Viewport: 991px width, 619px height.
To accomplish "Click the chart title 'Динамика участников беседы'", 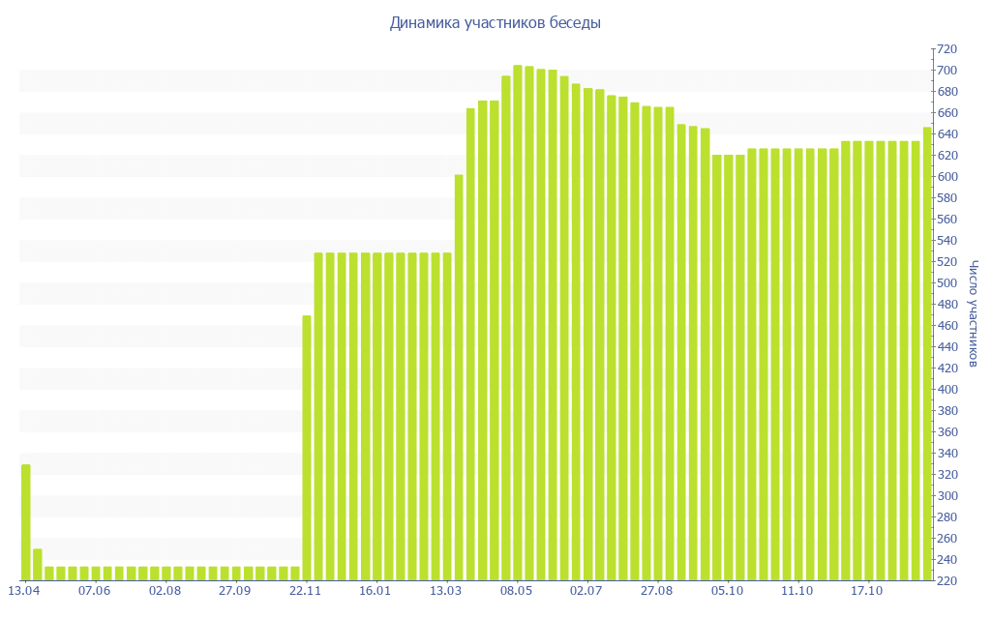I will point(495,22).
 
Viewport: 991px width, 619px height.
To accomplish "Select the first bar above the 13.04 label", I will point(26,522).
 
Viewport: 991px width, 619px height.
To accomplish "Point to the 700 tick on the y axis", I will point(945,71).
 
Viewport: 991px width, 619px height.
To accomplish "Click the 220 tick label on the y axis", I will point(945,581).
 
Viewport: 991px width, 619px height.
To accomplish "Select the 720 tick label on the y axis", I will point(945,49).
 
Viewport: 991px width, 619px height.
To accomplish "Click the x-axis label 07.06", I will point(95,590).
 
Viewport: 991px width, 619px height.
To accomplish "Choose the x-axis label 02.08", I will point(165,590).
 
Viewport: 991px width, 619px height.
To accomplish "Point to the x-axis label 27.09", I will point(235,590).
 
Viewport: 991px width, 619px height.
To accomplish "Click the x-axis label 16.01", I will point(375,590).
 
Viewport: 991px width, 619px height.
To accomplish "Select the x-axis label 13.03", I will point(446,590).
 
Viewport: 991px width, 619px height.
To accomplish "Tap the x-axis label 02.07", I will point(586,590).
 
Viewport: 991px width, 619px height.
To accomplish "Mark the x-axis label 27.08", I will point(656,590).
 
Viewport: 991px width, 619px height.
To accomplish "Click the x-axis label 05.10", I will point(727,590).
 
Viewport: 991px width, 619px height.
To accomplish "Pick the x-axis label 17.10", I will point(866,590).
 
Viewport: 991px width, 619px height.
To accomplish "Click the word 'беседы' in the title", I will point(575,22).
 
